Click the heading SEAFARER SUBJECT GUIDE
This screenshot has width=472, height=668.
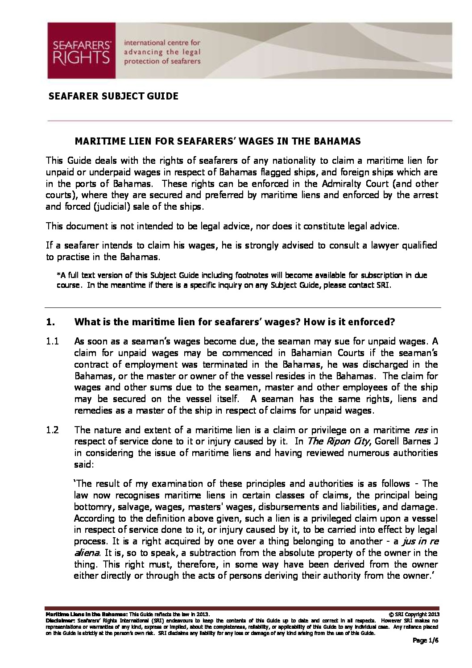(x=113, y=96)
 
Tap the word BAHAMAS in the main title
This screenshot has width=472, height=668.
(x=335, y=141)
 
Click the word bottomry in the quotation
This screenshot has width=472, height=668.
(x=91, y=507)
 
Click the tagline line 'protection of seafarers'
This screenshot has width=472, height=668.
(x=162, y=61)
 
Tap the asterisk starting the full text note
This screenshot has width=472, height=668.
(x=58, y=275)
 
